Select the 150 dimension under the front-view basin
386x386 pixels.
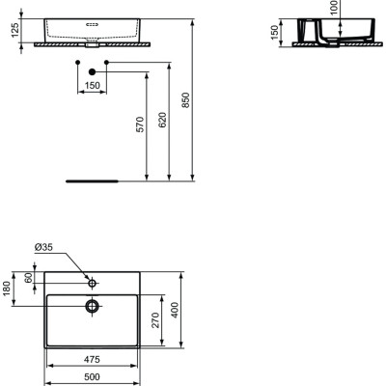point(92,86)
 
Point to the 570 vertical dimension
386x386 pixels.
point(139,124)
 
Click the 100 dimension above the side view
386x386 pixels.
point(335,8)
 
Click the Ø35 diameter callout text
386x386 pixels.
point(43,249)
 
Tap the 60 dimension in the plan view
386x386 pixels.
point(30,278)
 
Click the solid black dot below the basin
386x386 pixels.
point(92,72)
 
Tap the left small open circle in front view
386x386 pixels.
point(77,62)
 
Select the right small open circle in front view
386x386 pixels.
point(106,62)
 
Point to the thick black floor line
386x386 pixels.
point(92,179)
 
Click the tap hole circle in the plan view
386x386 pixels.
point(92,284)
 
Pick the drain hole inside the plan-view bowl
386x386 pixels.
point(92,306)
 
